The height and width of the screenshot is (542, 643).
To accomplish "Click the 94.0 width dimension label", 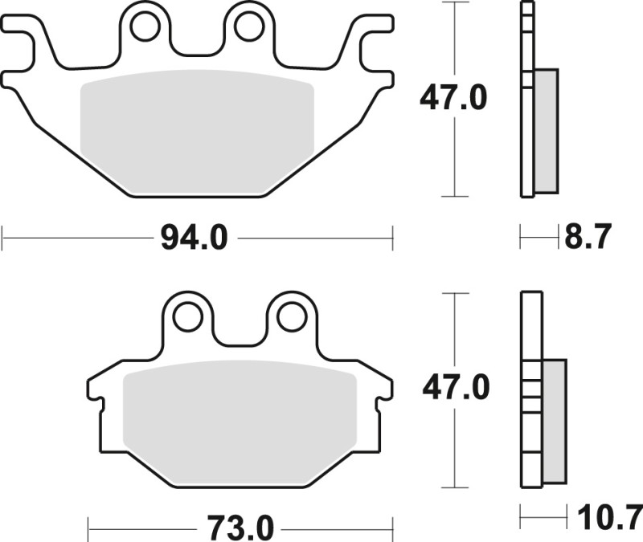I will pyautogui.click(x=196, y=238).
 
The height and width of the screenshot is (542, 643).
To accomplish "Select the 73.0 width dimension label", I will pyautogui.click(x=240, y=529).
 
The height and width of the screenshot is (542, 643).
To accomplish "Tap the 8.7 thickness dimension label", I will pyautogui.click(x=589, y=238).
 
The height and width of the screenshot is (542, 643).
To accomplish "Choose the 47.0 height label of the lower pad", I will pyautogui.click(x=455, y=389).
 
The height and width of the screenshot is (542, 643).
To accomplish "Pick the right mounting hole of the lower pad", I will pyautogui.click(x=290, y=317).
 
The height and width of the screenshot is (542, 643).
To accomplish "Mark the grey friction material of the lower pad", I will pyautogui.click(x=239, y=418).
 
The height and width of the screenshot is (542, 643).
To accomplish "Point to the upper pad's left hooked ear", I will pyautogui.click(x=24, y=48).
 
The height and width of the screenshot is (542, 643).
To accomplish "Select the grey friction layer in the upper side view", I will pyautogui.click(x=546, y=131).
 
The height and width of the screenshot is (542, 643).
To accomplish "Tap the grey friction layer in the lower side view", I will pyautogui.click(x=554, y=422).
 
